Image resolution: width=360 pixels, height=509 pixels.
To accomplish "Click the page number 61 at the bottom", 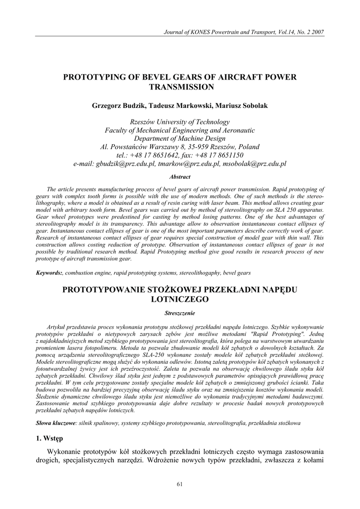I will (180, 484).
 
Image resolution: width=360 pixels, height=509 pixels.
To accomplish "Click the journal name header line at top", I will (245, 32).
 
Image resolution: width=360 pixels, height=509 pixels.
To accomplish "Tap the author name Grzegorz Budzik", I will (116, 106).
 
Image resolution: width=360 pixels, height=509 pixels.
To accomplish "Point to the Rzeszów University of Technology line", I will (180, 122).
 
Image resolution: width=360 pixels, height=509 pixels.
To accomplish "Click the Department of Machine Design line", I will (180, 139).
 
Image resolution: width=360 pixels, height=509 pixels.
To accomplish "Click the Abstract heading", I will (180, 176).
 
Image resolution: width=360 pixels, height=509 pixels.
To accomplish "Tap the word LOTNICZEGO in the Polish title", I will (180, 299).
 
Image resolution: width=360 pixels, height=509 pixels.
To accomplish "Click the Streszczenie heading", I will (180, 313).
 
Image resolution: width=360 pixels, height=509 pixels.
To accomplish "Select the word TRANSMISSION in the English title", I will (180, 87).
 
